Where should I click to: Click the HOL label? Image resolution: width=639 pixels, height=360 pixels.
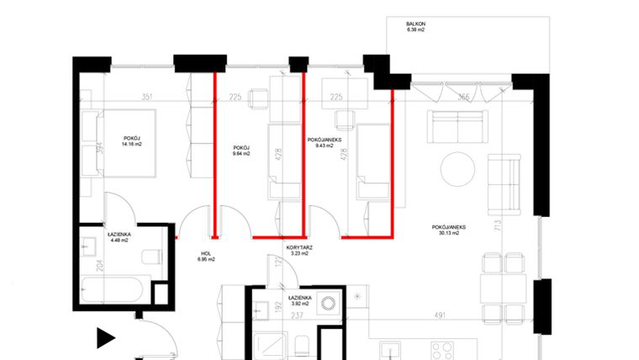pos(206,253)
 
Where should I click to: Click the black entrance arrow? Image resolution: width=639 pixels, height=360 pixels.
pos(104,338)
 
